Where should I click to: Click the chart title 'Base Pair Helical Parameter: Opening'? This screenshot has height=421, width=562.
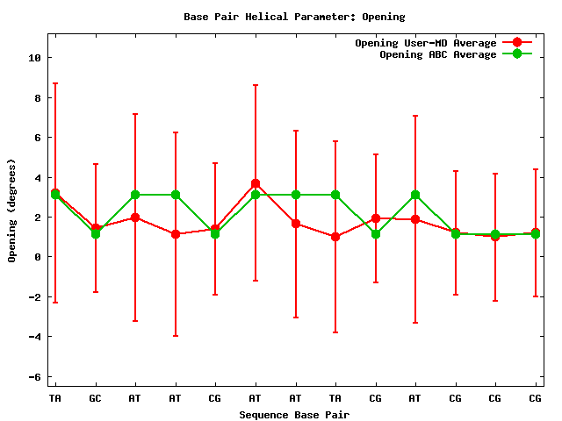(x=294, y=17)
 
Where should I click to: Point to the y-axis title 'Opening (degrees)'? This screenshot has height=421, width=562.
(x=12, y=210)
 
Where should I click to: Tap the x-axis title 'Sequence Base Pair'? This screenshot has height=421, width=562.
(x=294, y=414)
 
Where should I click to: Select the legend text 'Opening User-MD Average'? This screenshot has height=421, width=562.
(x=426, y=43)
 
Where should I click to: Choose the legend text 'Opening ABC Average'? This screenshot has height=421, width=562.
(x=438, y=54)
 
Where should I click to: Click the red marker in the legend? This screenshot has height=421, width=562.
(x=516, y=43)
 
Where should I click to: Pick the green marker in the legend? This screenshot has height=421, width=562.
(x=516, y=54)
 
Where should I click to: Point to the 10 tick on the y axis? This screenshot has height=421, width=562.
(x=34, y=58)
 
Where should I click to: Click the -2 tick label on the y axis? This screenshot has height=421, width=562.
(x=34, y=297)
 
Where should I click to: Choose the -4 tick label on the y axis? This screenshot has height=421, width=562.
(x=34, y=337)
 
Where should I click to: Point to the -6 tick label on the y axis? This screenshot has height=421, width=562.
(x=34, y=377)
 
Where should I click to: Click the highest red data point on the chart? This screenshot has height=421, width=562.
(x=256, y=183)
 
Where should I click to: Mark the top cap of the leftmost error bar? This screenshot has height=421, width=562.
(x=55, y=83)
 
